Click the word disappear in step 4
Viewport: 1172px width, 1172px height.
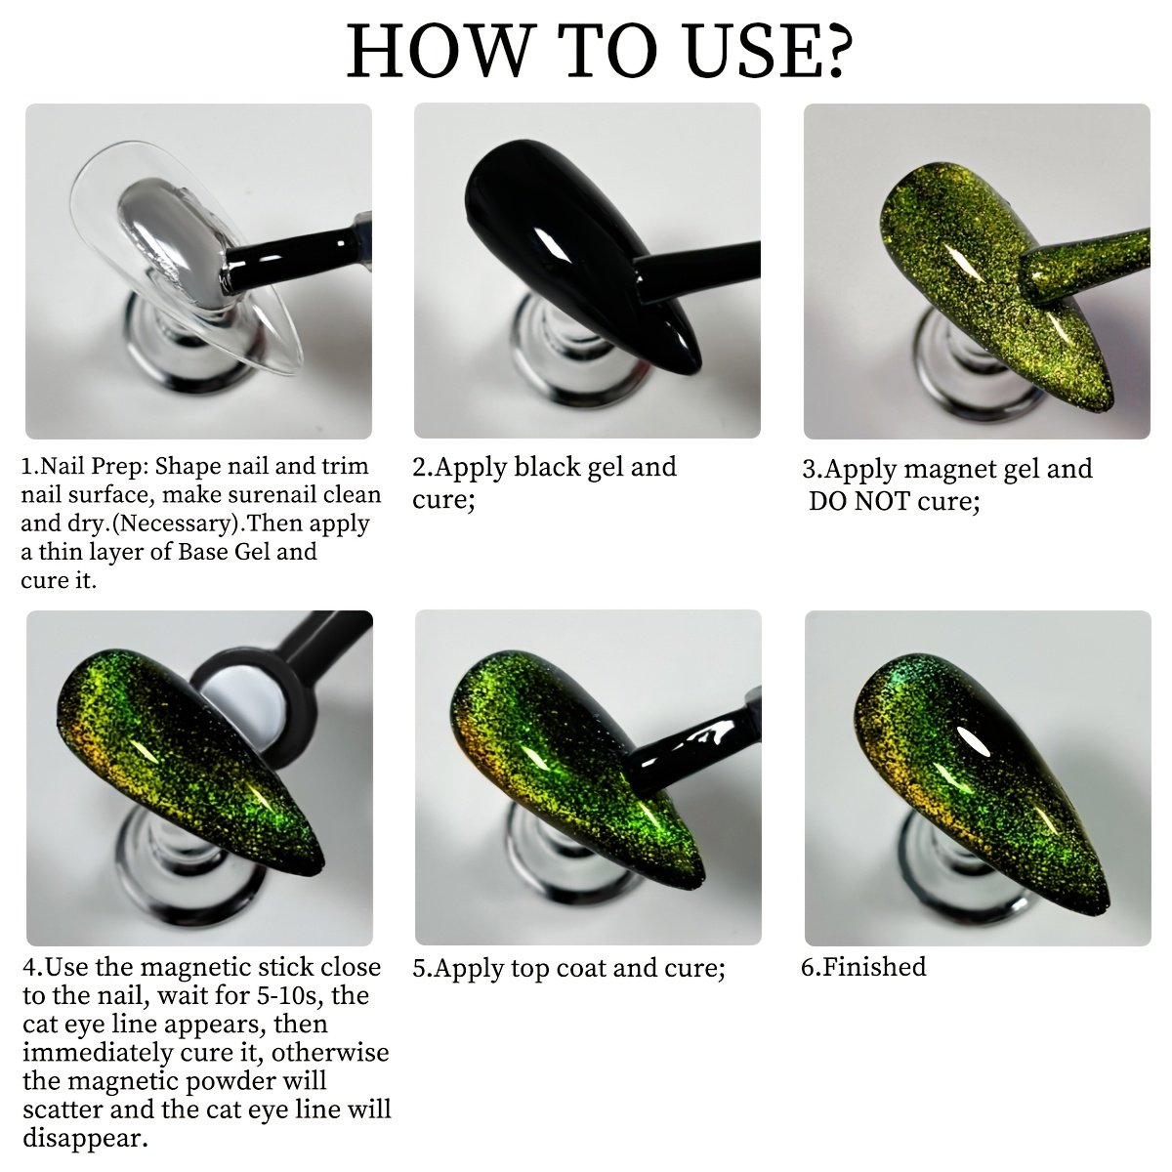(85, 1138)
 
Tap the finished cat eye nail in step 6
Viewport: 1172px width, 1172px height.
(981, 791)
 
